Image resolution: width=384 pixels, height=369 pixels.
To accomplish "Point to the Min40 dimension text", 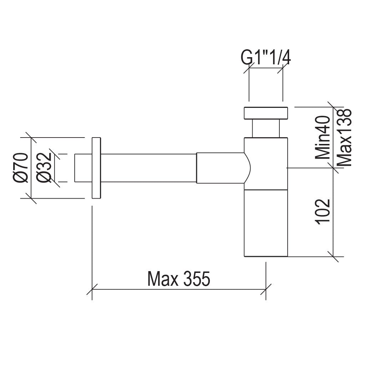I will tap(323, 137).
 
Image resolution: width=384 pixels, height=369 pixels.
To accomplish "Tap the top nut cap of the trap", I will tap(266, 113).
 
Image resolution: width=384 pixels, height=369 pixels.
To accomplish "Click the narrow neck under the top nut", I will tap(266, 128).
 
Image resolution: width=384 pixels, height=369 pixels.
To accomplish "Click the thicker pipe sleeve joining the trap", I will tap(220, 168).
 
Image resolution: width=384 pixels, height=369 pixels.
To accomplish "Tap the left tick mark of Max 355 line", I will tap(92, 289).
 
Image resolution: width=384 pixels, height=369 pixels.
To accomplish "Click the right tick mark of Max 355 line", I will tap(266, 289).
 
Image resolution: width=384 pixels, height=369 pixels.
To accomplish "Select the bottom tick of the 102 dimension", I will tap(333, 256).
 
